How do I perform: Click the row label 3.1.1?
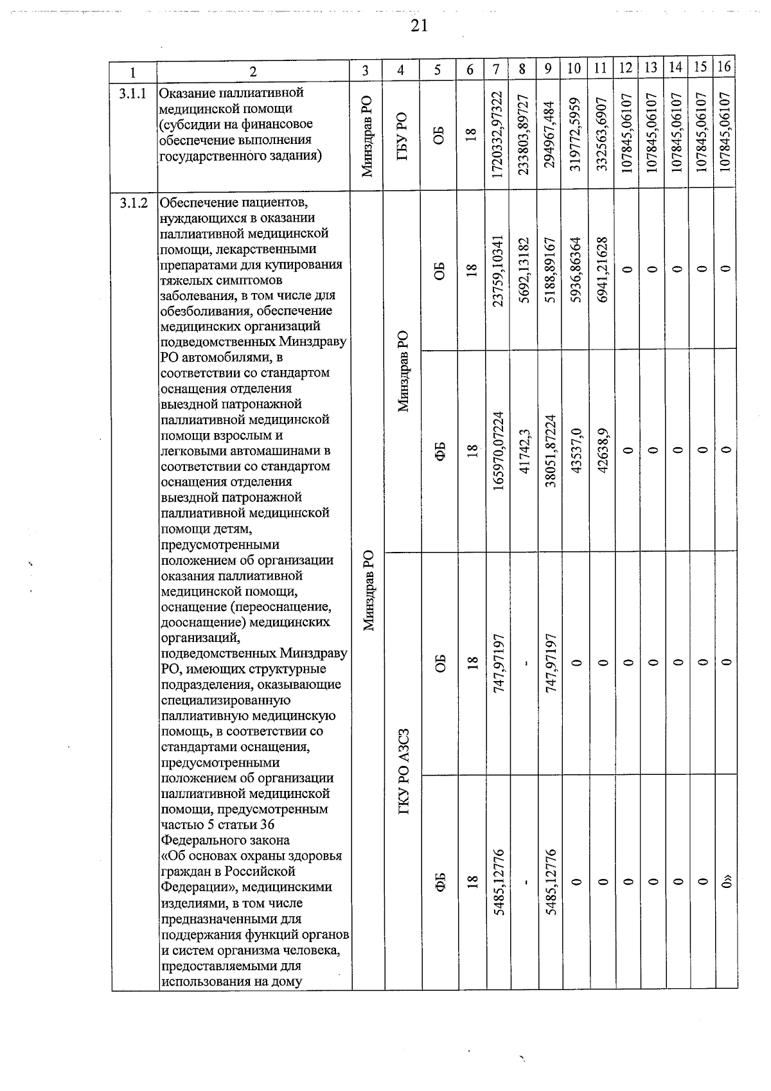[133, 94]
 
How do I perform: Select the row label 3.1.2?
[133, 203]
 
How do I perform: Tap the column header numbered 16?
[724, 67]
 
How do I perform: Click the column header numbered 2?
[253, 71]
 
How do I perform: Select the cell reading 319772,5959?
[574, 134]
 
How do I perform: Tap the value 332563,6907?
[600, 134]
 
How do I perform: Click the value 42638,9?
[600, 450]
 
